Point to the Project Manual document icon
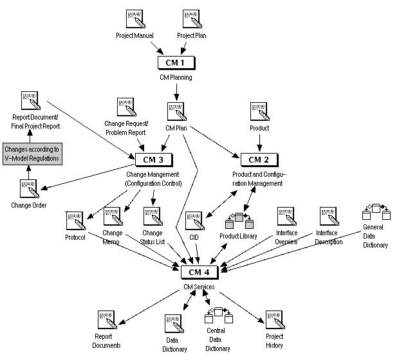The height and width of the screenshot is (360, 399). pos(136,19)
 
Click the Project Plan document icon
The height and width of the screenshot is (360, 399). pos(192,19)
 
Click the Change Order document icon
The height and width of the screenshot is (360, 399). pos(28,190)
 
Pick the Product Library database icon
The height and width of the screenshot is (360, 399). pos(239,221)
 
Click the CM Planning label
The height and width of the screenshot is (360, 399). pos(176,77)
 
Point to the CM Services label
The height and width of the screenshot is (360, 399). pos(198,286)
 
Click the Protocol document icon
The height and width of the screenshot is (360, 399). pos(75,221)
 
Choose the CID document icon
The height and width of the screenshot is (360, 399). pos(194,221)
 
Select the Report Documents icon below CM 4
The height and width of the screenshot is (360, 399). pos(106,320)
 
